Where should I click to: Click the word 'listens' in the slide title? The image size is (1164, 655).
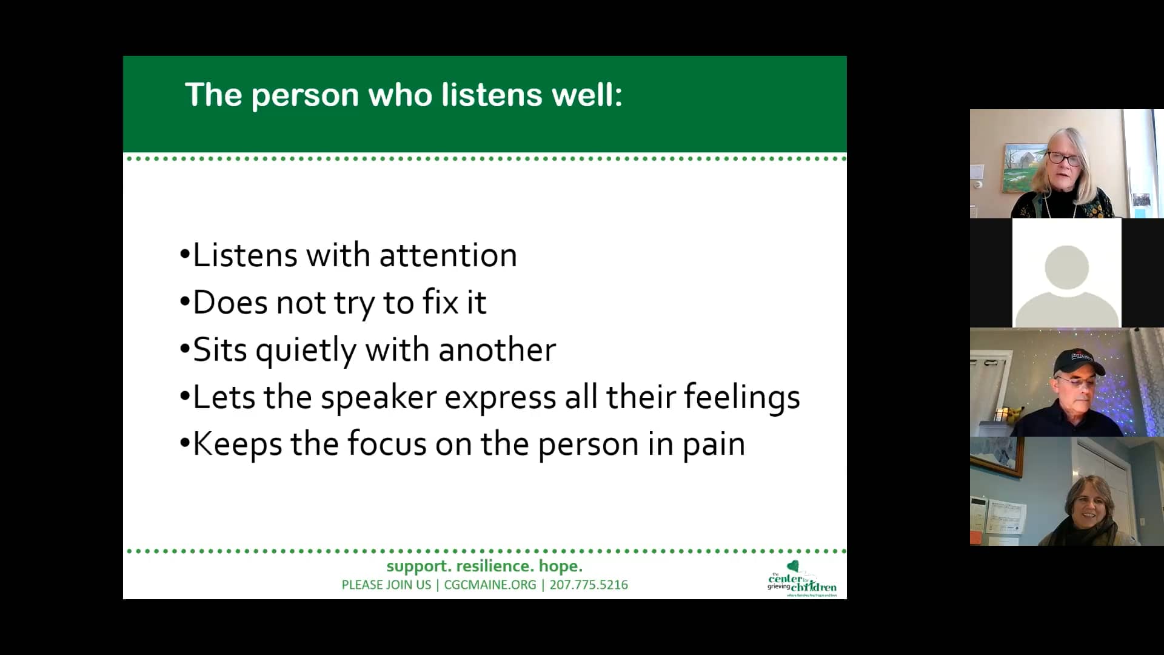click(491, 95)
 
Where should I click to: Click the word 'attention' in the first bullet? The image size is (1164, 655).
click(448, 255)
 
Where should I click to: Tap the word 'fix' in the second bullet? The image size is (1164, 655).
click(440, 302)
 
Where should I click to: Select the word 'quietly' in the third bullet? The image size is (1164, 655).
click(306, 350)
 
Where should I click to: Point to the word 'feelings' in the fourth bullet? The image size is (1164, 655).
click(741, 397)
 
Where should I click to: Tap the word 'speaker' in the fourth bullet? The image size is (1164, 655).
click(378, 397)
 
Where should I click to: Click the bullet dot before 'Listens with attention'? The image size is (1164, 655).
click(185, 255)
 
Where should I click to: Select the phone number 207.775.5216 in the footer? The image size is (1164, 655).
click(589, 585)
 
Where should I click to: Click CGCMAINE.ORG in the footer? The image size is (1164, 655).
click(490, 585)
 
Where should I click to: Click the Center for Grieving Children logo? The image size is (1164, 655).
click(801, 580)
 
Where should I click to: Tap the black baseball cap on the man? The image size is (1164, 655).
click(1078, 361)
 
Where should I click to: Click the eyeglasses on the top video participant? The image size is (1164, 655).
click(1063, 160)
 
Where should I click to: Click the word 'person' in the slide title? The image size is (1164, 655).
click(305, 95)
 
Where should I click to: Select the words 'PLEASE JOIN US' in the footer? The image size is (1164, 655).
click(386, 585)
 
